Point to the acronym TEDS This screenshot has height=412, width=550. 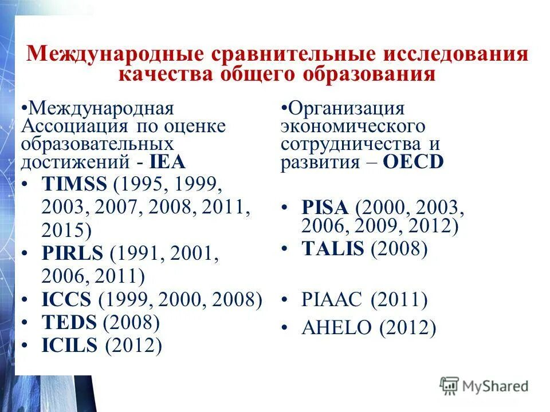click(69, 322)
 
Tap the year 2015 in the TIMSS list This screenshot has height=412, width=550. click(63, 230)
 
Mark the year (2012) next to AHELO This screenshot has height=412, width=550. click(407, 328)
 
